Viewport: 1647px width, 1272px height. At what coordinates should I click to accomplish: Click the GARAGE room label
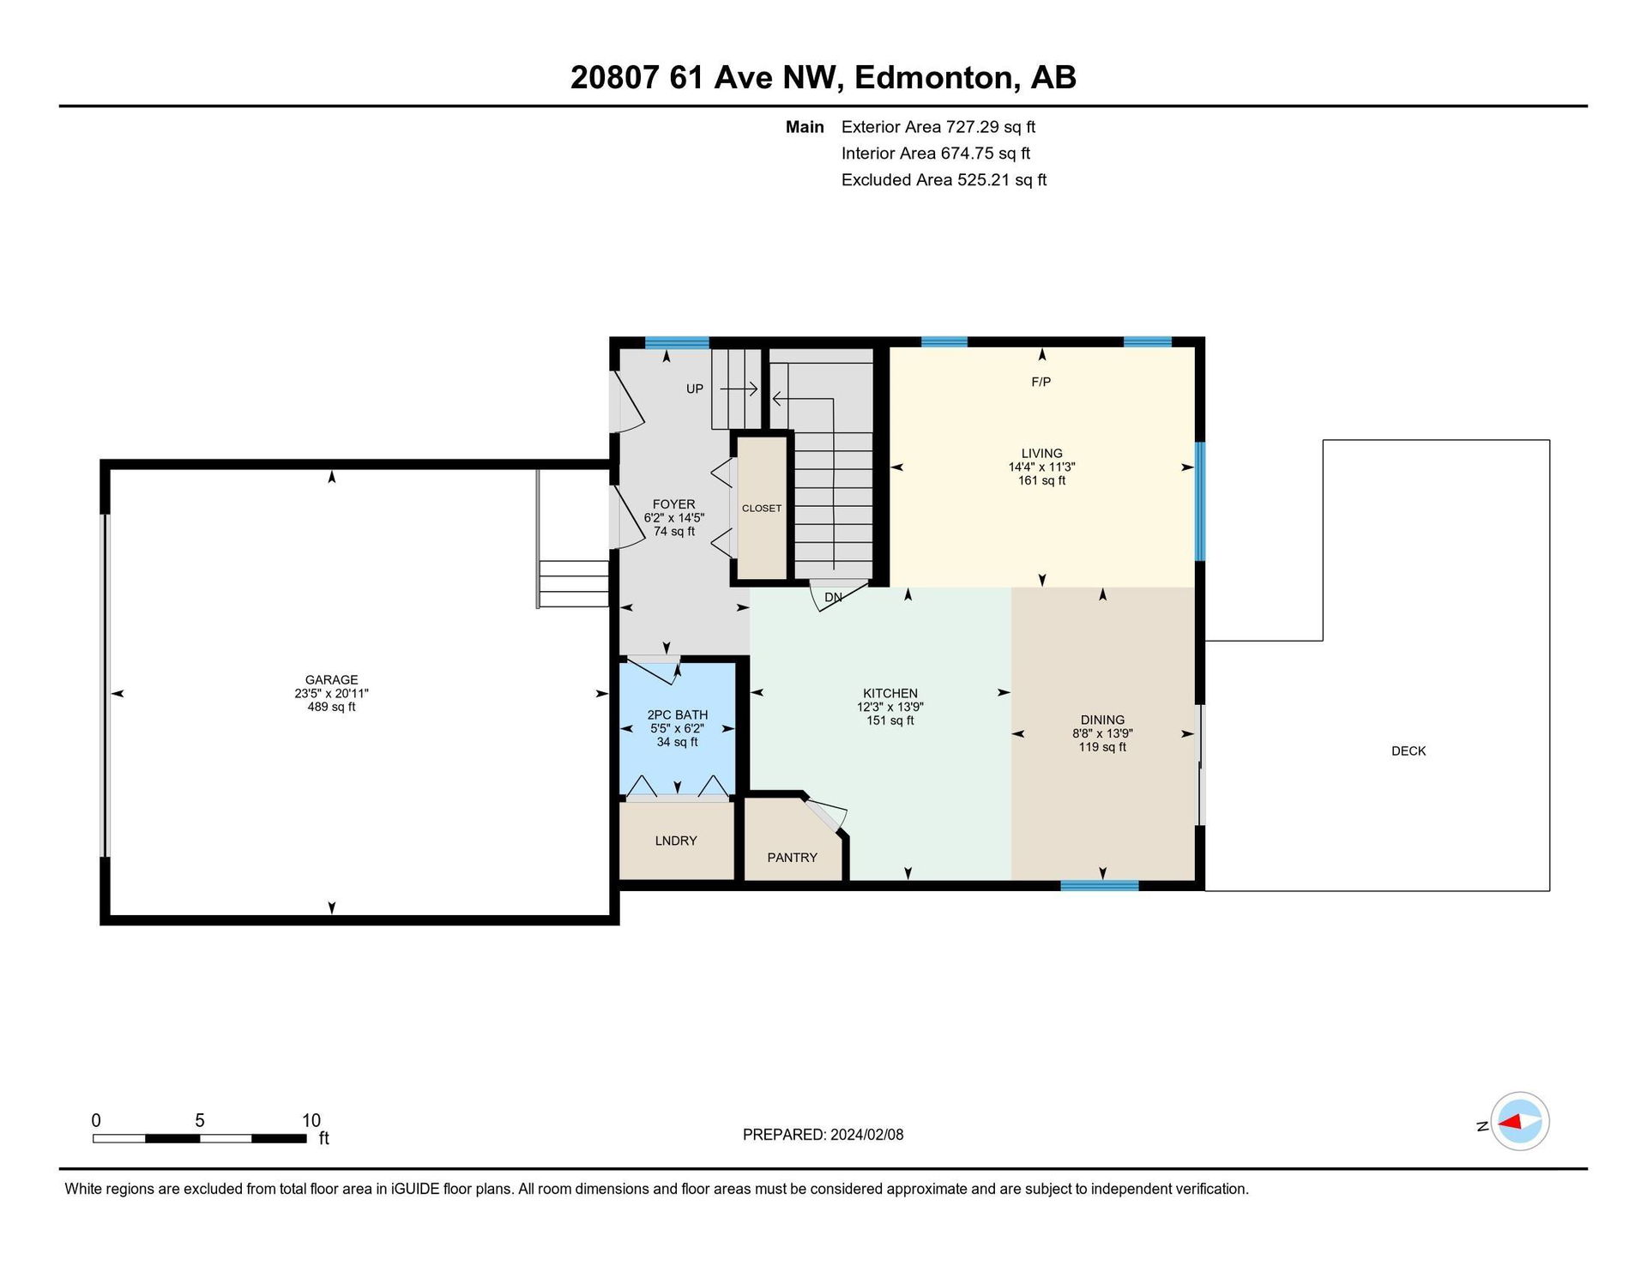(331, 680)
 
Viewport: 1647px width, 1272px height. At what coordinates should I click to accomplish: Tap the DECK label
(1409, 751)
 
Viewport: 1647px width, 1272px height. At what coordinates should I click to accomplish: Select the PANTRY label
(792, 858)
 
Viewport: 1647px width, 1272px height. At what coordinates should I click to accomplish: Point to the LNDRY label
(676, 841)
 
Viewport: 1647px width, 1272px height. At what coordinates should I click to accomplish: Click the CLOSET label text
(762, 509)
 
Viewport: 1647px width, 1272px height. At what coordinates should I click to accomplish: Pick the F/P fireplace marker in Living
(1041, 382)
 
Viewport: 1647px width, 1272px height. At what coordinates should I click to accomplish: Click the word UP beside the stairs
(695, 389)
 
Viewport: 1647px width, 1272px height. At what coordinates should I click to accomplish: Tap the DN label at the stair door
(833, 597)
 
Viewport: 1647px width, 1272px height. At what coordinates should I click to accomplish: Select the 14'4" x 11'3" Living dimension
(1041, 467)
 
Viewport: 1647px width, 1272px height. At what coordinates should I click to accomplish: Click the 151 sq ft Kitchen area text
(890, 720)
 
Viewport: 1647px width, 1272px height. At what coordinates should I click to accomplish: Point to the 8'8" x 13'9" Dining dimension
(1102, 734)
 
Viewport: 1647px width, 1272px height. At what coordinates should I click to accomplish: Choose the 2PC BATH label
(678, 714)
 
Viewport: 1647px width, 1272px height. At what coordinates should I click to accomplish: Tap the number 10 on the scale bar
(311, 1120)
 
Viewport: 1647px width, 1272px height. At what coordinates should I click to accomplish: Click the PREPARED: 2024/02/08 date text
(823, 1135)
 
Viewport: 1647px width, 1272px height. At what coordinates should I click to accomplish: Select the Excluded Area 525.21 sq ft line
(944, 180)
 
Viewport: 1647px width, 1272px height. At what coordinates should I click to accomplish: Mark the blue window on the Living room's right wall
(1200, 501)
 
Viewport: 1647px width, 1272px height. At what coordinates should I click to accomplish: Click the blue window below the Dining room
(1099, 885)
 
